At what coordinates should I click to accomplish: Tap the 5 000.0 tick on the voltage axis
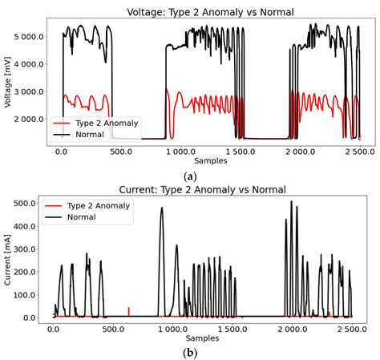[x=30, y=37]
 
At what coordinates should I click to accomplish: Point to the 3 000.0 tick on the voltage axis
[x=30, y=91]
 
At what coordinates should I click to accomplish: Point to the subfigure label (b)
[x=190, y=352]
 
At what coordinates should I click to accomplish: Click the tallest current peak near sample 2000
[x=292, y=202]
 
